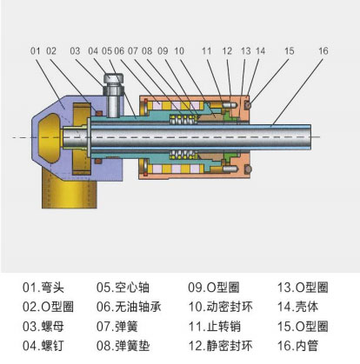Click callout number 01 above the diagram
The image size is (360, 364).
35,51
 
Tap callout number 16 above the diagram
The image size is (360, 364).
323,51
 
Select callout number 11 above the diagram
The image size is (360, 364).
206,51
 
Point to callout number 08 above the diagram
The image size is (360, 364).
147,51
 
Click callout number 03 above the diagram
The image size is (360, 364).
75,51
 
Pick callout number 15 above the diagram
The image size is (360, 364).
289,51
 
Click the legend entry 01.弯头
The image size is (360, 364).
43,288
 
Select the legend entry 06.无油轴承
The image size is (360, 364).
129,307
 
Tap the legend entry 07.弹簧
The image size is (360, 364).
117,327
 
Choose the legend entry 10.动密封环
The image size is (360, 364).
221,307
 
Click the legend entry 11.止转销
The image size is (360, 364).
215,327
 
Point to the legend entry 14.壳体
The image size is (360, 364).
298,307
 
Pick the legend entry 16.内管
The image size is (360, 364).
298,346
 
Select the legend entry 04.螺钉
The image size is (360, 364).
43,346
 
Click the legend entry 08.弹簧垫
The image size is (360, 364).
123,346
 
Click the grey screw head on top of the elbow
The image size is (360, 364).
114,78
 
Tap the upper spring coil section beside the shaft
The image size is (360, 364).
183,119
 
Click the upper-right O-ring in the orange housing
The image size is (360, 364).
248,105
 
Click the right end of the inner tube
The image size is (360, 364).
310,136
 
